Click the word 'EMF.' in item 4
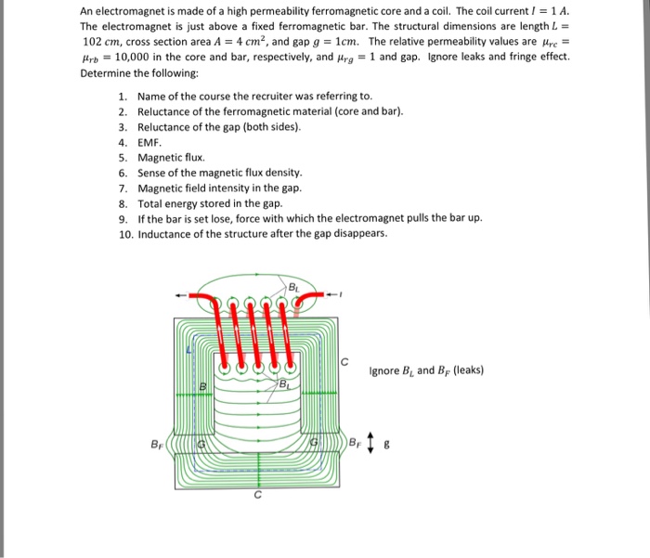click(149, 143)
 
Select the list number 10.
click(126, 233)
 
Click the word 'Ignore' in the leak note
click(384, 371)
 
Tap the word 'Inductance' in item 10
click(168, 233)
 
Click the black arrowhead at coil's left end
click(179, 296)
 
